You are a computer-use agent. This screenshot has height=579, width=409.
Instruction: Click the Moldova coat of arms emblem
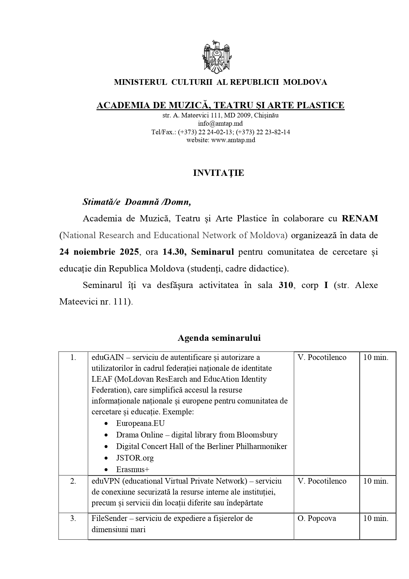pyautogui.click(x=216, y=57)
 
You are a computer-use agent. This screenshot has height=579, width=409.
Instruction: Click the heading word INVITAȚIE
pyautogui.click(x=219, y=173)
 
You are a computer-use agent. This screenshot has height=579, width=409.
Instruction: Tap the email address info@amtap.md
pyautogui.click(x=220, y=124)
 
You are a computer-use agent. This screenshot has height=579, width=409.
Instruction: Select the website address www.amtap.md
pyautogui.click(x=233, y=140)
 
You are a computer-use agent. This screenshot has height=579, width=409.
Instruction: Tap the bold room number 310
pyautogui.click(x=285, y=285)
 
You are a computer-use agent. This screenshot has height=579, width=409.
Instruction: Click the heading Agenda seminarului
pyautogui.click(x=219, y=338)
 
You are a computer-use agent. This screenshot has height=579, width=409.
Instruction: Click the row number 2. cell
pyautogui.click(x=73, y=481)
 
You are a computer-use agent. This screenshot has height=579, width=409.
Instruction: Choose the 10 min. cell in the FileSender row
pyautogui.click(x=376, y=518)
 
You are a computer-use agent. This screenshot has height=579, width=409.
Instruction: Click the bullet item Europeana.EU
pyautogui.click(x=140, y=423)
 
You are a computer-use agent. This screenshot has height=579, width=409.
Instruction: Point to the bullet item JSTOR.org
pyautogui.click(x=135, y=458)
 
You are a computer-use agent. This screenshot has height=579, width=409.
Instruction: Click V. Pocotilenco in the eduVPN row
pyautogui.click(x=322, y=481)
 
